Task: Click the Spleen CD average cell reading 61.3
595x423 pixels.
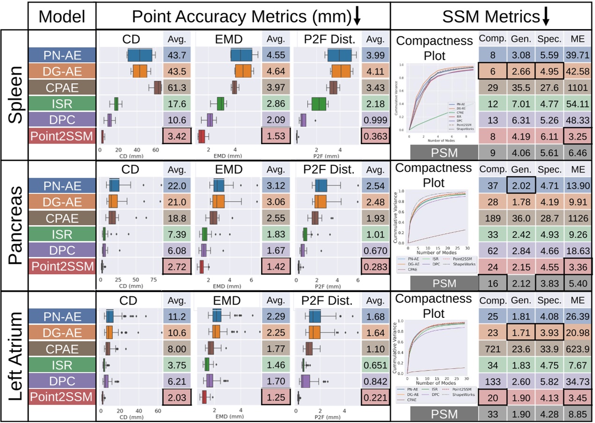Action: [176, 88]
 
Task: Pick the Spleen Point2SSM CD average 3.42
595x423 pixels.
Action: [176, 137]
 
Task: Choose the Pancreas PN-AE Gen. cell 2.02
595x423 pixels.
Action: [520, 185]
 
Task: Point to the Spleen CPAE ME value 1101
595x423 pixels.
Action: [578, 88]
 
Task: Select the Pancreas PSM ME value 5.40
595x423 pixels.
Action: [578, 284]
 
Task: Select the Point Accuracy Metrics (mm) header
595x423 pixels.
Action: [241, 17]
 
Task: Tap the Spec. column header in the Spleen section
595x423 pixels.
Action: [549, 39]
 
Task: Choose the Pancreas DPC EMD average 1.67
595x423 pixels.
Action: [276, 251]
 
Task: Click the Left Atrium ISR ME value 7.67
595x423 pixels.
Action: [578, 365]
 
